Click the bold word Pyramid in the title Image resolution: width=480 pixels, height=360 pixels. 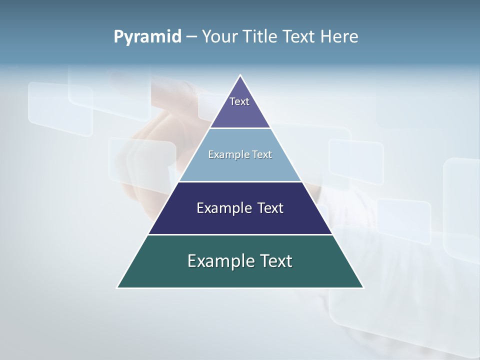click(147, 37)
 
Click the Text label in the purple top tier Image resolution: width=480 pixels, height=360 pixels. click(239, 101)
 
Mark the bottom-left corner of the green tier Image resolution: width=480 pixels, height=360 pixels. click(117, 287)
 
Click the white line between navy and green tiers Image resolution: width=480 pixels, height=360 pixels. click(240, 234)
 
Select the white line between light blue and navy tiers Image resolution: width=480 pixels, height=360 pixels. click(240, 181)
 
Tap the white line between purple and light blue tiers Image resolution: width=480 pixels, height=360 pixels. click(240, 128)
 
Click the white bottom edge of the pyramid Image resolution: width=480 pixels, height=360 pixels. click(240, 288)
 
